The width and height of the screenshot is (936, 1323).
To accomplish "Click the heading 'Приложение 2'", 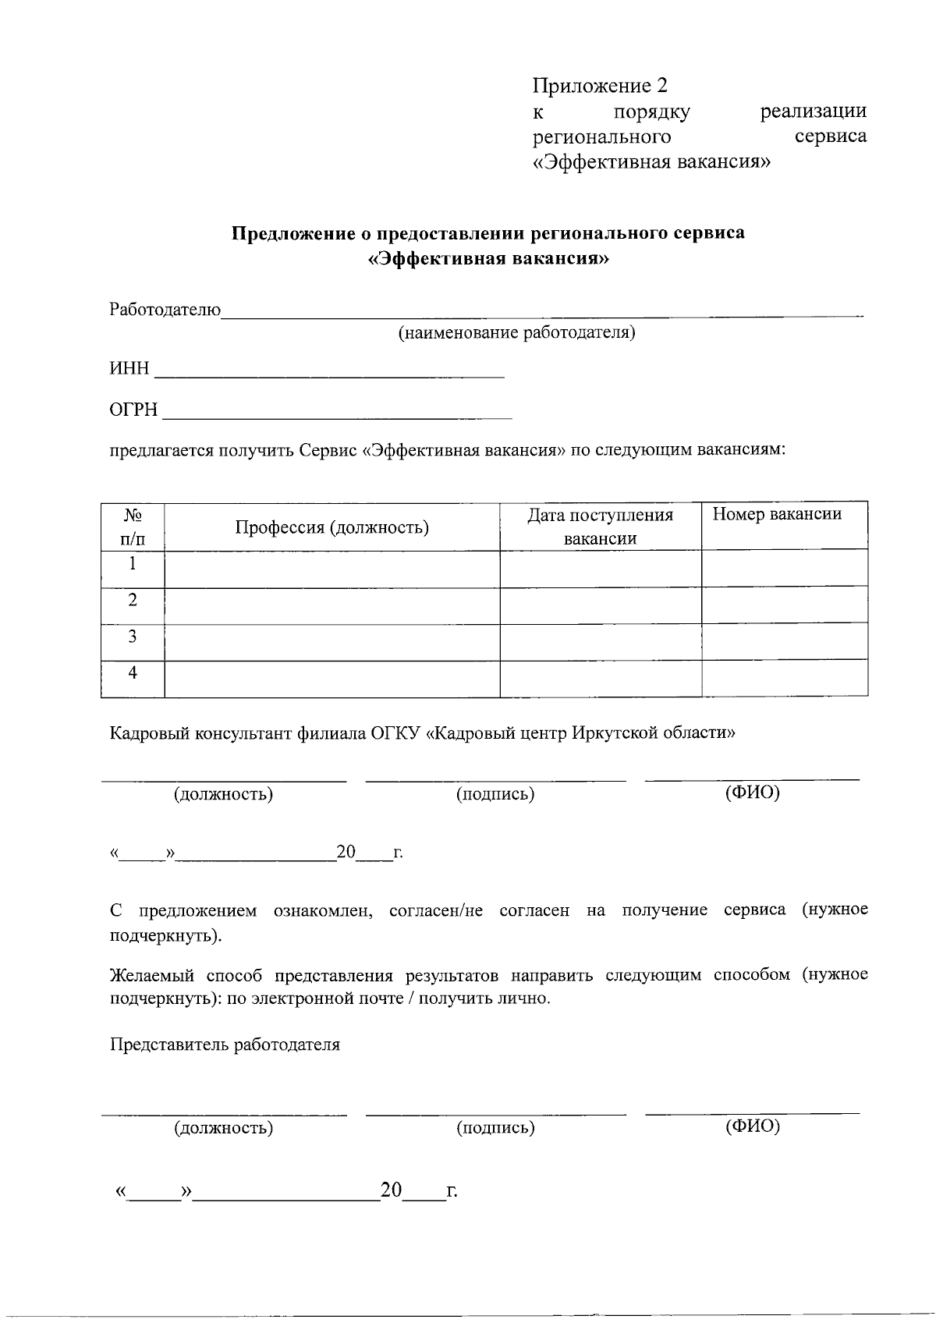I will coord(600,85).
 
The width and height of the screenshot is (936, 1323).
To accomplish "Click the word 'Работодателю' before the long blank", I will coord(165,310).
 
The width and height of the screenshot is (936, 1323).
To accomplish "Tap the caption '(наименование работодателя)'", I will coord(517,334).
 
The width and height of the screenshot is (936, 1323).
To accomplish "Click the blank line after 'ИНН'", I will coord(330,371).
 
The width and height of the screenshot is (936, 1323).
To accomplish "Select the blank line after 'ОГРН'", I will coord(336,412).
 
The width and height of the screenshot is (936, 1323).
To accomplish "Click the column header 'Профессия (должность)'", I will coord(332,528).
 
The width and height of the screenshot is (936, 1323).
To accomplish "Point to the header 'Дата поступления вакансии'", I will coord(600,527).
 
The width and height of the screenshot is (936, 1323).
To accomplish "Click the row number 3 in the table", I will coord(133,637).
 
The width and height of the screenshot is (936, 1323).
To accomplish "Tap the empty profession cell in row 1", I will coord(332,569).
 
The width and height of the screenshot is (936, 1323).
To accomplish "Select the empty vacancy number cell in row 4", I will coord(785,678).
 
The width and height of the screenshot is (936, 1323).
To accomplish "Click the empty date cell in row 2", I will coord(601,605).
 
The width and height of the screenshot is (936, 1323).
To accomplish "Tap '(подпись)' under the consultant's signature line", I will coord(495,795).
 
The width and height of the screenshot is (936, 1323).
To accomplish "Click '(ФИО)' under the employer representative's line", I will coord(752,1126).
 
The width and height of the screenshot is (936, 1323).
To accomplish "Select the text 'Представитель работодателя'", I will coord(225,1045).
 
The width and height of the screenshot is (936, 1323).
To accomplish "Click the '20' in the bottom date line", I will coord(391,1190).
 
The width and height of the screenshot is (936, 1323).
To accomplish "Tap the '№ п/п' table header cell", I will coord(133,527).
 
